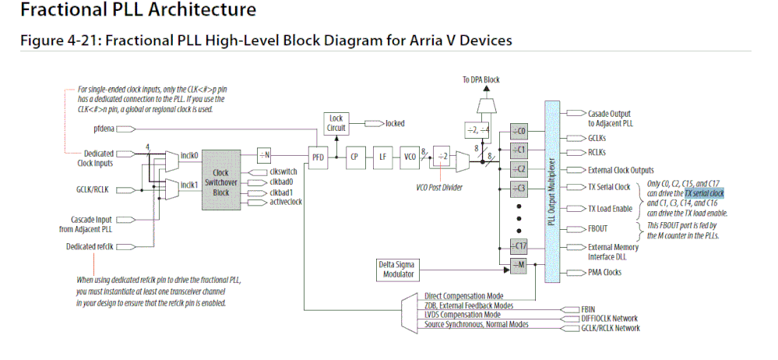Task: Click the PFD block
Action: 319,157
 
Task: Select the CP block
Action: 354,157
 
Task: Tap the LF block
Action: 383,157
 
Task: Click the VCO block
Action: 410,157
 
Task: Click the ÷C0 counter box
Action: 520,130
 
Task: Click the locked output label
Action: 395,122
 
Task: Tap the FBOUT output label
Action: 598,230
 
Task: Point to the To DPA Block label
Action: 480,79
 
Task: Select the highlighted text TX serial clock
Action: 705,192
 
